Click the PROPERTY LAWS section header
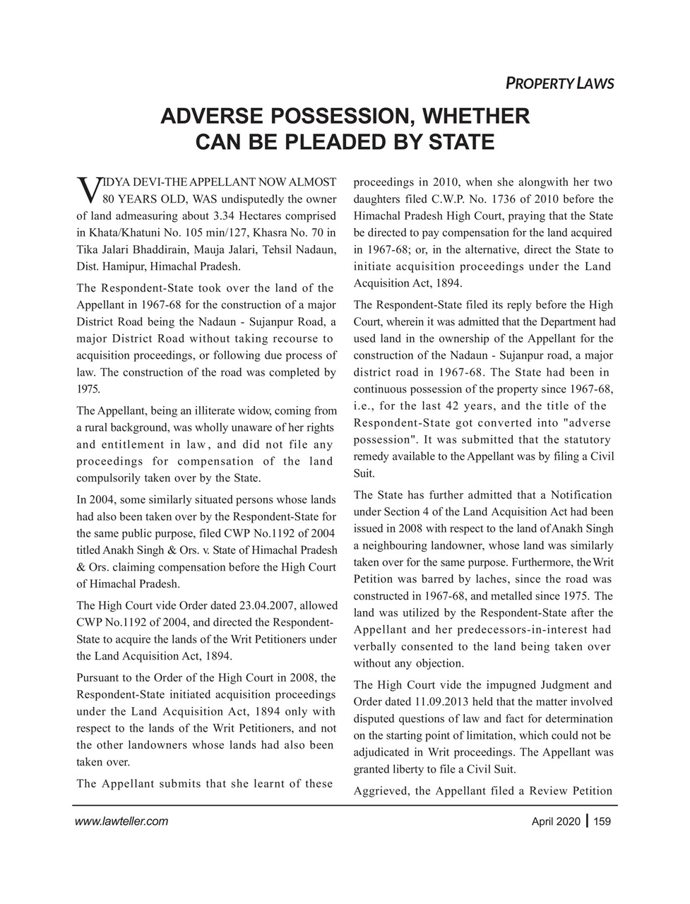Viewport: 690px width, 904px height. pos(559,83)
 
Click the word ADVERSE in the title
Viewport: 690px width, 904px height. pos(204,116)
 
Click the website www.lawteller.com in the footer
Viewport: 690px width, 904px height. pos(121,821)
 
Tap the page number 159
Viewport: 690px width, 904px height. pos(602,821)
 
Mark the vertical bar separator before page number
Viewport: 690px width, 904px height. pos(588,821)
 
